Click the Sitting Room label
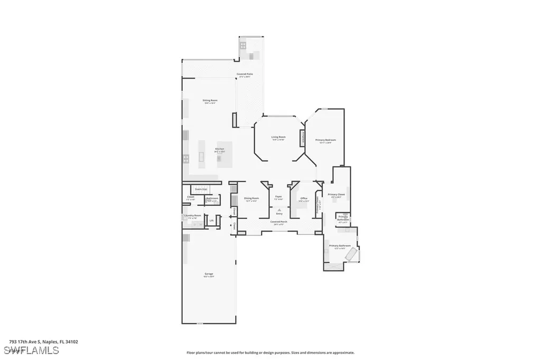[210, 100]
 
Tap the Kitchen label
[220, 149]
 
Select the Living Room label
[278, 137]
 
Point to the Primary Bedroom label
[326, 140]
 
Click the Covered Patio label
[245, 74]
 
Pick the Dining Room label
[251, 198]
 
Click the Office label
[304, 198]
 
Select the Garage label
[209, 274]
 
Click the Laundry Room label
[192, 216]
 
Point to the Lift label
[211, 221]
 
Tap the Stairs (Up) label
[200, 188]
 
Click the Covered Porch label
[278, 222]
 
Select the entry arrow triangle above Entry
[278, 210]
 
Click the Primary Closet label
[336, 195]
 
